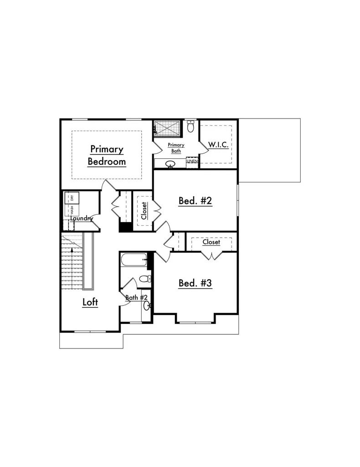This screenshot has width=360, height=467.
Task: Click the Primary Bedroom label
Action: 107,156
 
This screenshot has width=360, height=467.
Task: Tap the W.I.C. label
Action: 218,145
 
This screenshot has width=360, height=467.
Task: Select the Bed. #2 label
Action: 195,201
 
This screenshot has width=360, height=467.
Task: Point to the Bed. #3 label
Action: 195,283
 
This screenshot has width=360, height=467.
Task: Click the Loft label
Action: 90,302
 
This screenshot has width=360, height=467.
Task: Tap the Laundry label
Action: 82,218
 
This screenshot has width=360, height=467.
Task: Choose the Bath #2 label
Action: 136,297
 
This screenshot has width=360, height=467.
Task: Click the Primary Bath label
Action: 176,148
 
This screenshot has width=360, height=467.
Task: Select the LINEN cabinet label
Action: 192,161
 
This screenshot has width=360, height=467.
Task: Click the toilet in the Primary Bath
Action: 190,126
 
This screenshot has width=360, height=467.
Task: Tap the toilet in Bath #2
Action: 145,279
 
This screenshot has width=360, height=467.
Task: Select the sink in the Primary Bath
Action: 170,164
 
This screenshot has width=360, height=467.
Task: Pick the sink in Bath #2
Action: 147,306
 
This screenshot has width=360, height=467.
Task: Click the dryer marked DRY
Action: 72,198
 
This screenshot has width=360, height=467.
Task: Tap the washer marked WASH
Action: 72,210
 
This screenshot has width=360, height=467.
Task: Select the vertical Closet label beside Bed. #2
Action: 144,211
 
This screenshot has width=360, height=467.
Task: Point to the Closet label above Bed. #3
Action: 211,242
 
